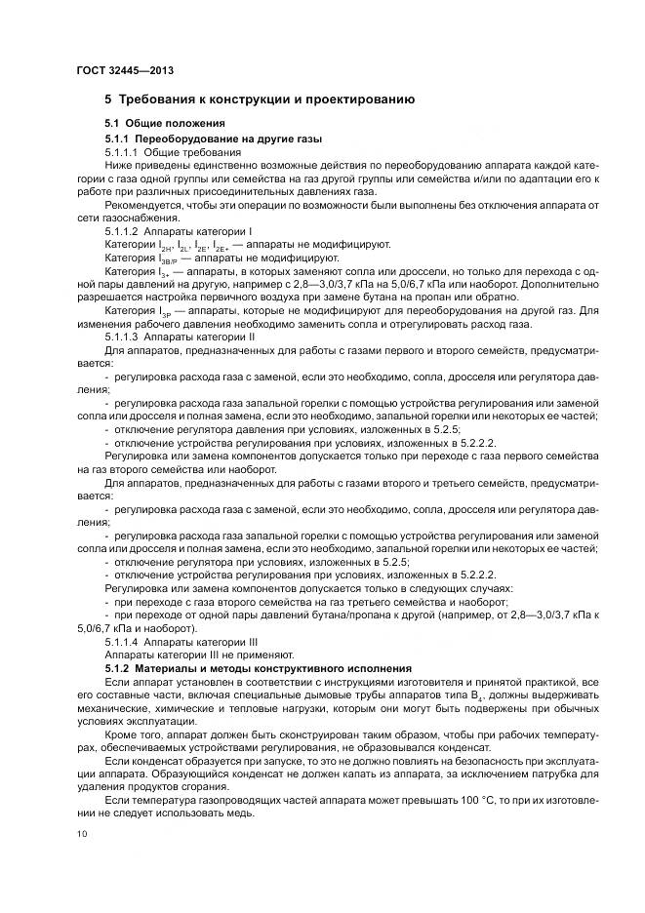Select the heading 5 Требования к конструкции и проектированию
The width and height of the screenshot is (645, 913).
[x=260, y=99]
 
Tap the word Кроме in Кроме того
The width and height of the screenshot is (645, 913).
[x=121, y=733]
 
